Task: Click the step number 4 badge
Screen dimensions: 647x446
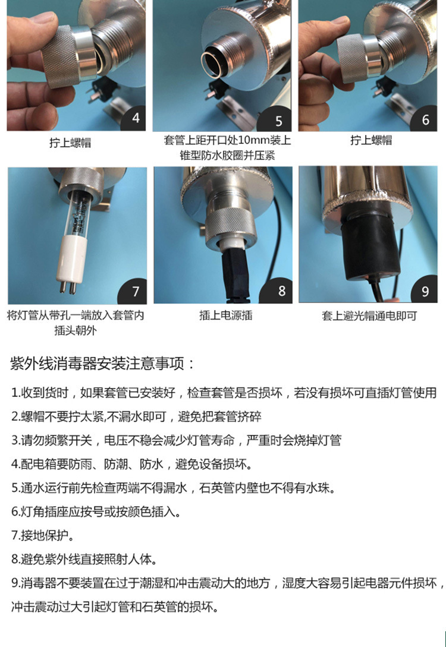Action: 136,118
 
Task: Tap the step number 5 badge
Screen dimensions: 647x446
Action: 279,121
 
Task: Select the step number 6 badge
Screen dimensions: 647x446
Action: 425,120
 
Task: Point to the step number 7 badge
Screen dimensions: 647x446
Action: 135,292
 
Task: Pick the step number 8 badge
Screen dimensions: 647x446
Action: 281,291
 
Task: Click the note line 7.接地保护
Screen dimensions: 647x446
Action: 42,535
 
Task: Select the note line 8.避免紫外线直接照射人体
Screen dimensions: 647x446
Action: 83,558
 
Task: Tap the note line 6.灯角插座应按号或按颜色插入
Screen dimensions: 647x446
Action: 96,511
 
